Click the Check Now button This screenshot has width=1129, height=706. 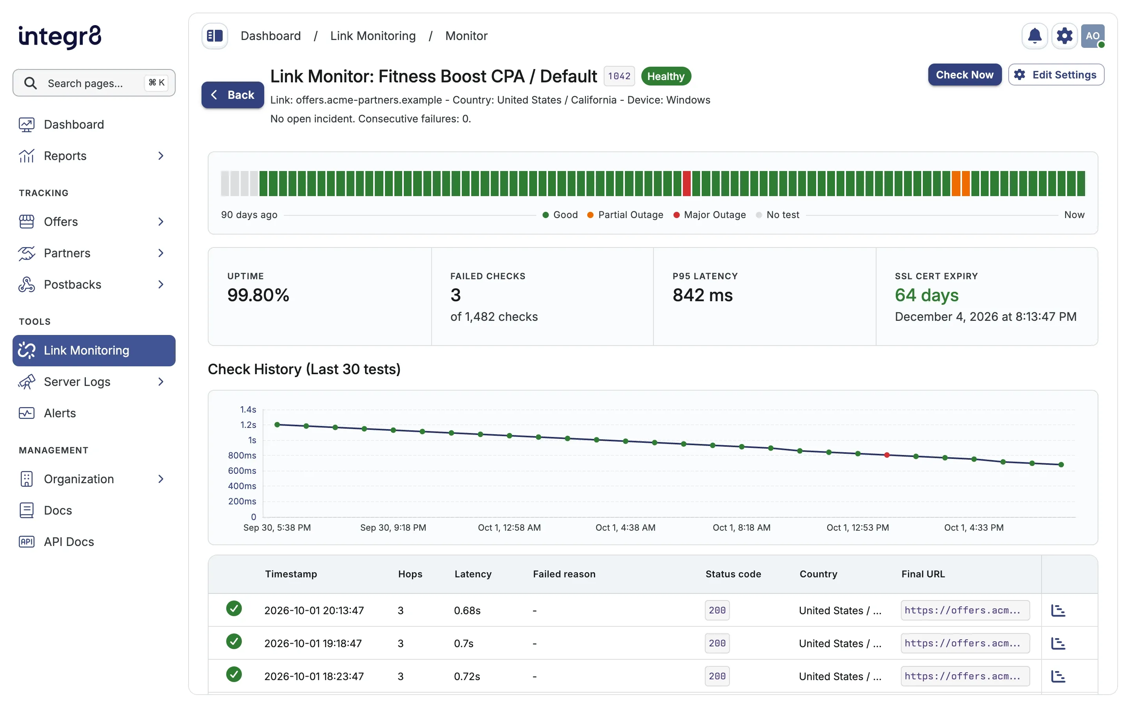click(x=964, y=75)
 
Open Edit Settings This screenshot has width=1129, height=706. click(x=1056, y=75)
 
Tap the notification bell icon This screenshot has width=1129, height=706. click(x=1034, y=36)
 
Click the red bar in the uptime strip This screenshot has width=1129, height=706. click(x=686, y=184)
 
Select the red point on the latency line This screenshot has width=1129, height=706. click(x=886, y=455)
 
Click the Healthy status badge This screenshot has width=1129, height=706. click(x=666, y=76)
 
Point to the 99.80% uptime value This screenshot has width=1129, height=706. click(x=258, y=295)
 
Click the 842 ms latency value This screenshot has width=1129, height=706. click(x=702, y=295)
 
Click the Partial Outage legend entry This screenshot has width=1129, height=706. click(x=625, y=215)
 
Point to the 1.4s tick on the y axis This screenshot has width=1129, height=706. click(x=248, y=409)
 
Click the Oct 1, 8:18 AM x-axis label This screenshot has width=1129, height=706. click(x=741, y=528)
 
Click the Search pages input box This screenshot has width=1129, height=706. click(x=94, y=83)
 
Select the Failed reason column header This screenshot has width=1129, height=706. click(x=564, y=574)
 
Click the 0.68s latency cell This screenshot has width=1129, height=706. click(x=467, y=610)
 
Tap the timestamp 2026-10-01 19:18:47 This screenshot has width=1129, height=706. click(x=313, y=643)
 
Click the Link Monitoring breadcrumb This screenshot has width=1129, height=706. click(x=373, y=36)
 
